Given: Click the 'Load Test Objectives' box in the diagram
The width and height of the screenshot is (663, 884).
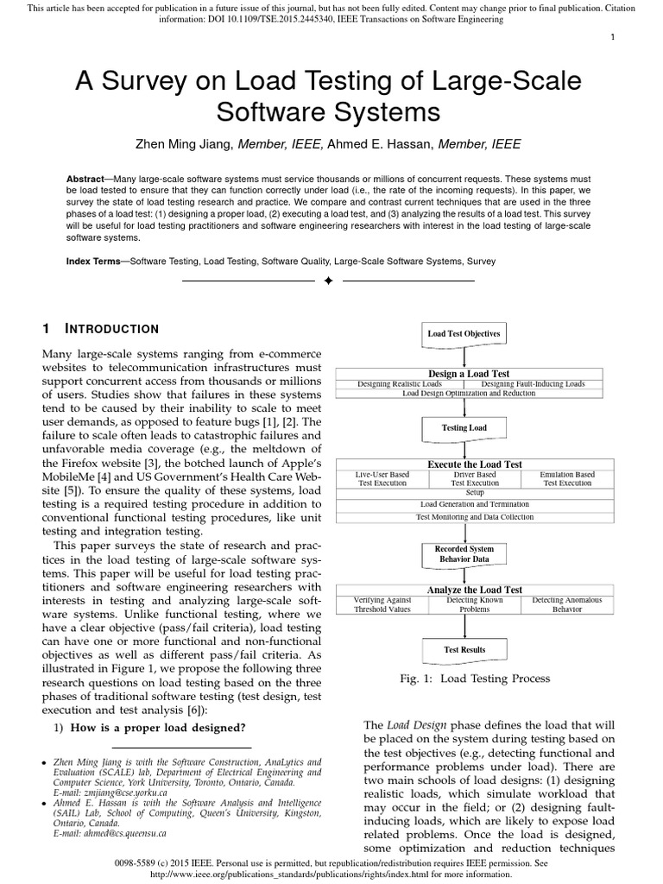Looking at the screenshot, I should click(x=464, y=333).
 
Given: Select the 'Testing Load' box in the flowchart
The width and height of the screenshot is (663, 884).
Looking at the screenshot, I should click(x=464, y=427).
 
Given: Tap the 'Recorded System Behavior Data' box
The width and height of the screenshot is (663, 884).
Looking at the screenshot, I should click(x=464, y=553).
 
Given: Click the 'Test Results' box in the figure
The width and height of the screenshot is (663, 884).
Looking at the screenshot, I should click(x=464, y=649).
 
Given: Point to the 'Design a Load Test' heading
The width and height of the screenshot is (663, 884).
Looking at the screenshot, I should click(x=464, y=374).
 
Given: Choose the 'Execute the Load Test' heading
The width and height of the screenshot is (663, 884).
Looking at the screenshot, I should click(x=464, y=464).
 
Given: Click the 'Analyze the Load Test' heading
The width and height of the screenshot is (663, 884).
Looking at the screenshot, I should click(x=464, y=590).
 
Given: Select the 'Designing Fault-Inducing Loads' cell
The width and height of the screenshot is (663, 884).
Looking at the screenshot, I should click(x=532, y=383).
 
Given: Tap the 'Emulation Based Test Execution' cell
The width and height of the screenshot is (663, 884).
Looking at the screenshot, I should click(x=566, y=479).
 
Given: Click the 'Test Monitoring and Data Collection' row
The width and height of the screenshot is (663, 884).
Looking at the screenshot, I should click(x=464, y=517).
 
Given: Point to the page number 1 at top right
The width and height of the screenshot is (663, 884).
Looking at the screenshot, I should click(x=636, y=35).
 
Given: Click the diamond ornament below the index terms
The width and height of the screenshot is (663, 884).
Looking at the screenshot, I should click(x=328, y=281).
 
